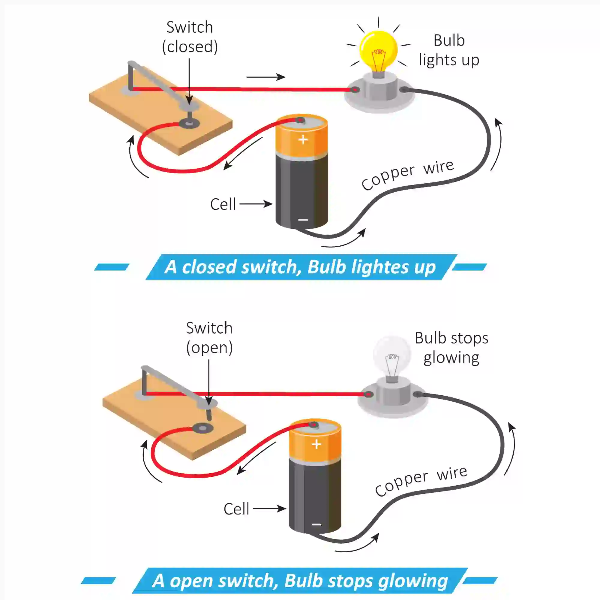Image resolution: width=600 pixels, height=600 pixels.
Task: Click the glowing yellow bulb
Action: tap(378, 50)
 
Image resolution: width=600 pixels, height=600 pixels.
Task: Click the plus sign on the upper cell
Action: tap(303, 139)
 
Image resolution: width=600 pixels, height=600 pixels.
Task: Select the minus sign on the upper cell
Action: tap(303, 220)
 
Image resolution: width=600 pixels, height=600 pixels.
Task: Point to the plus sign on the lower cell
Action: tap(316, 444)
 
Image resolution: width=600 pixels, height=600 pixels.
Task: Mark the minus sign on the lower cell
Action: tap(316, 524)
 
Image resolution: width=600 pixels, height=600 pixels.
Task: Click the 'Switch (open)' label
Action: tap(209, 337)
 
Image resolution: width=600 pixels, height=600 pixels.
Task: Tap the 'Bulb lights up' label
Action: tap(449, 50)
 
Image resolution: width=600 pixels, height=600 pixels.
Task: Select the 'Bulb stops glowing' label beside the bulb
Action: tap(451, 347)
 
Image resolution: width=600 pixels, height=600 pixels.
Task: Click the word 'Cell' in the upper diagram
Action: tap(223, 204)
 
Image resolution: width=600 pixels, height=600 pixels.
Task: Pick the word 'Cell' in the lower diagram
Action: tap(236, 509)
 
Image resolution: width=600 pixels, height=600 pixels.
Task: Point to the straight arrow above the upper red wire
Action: tap(266, 77)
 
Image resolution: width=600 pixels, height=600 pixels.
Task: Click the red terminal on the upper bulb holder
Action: tap(355, 90)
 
